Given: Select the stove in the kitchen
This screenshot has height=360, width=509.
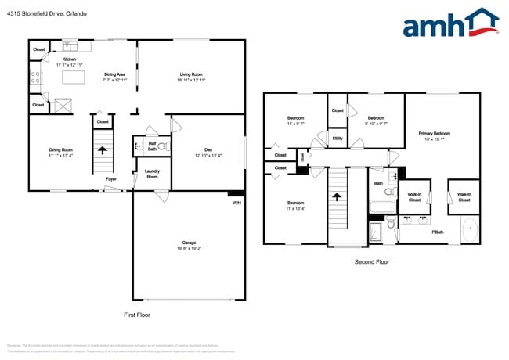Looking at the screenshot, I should pos(35,77).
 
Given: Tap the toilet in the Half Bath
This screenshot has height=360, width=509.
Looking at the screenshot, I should pos(162,146).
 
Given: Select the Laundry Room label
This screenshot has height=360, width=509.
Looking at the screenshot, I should pos(152,175).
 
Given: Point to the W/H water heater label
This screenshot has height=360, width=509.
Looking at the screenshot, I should pos(236,203).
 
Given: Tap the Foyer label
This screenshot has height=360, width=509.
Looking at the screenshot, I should pos(112,179).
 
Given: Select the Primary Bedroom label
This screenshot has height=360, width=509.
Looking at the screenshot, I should pos(435,134).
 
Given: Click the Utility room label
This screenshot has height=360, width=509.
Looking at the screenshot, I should pos(338,139).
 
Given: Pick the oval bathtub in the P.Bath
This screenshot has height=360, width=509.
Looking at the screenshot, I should pos(469,231).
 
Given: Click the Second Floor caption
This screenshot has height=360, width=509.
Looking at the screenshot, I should pos(371,262).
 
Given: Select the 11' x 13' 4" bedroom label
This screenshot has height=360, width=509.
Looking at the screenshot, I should pos(294,205).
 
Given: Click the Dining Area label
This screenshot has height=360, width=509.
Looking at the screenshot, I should pos(114,75).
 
